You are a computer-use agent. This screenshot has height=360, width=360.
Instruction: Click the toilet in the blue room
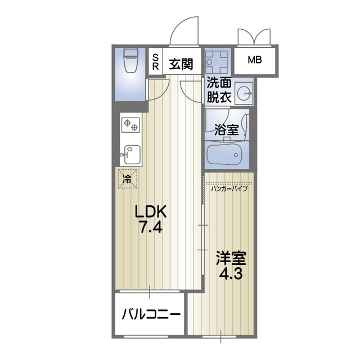point(131,61)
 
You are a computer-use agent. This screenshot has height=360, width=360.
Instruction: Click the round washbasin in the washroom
point(244,94)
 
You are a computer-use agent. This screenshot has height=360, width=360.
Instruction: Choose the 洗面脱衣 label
point(218,89)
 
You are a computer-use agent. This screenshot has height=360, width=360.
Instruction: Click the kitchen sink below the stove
point(130,152)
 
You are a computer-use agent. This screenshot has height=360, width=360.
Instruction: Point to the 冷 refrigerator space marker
point(127,180)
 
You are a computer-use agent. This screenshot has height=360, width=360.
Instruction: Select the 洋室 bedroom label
point(231,259)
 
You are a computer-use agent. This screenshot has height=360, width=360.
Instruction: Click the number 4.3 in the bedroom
point(231,277)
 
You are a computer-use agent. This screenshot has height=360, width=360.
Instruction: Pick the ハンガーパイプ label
point(229,188)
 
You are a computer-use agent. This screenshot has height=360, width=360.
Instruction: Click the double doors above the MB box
point(255,37)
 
